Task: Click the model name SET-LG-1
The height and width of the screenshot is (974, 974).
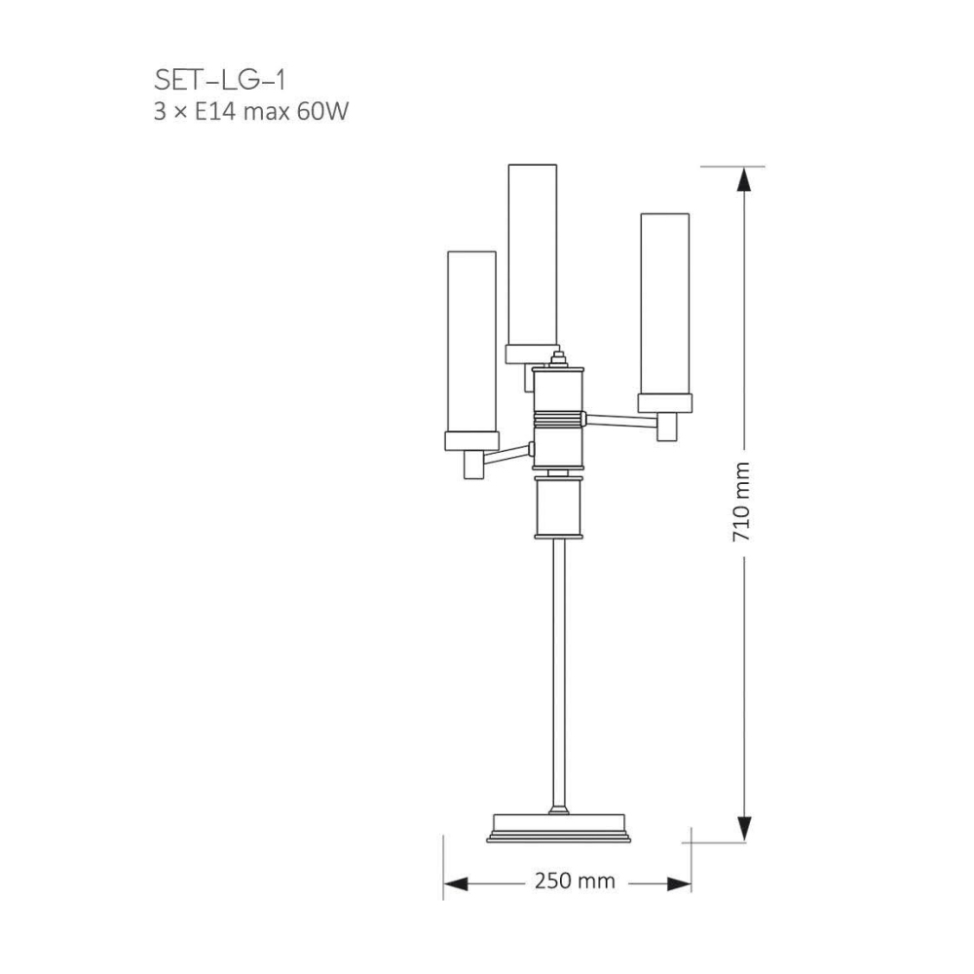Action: (x=219, y=81)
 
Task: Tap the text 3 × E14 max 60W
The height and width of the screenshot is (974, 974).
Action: (x=251, y=112)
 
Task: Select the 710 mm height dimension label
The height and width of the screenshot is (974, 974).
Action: (x=741, y=502)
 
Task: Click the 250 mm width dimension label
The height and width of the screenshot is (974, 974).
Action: (x=575, y=880)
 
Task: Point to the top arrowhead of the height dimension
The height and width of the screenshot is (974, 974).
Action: (x=744, y=181)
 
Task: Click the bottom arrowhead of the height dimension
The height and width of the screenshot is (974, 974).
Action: (x=744, y=829)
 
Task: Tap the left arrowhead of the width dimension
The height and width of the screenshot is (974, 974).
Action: (x=456, y=883)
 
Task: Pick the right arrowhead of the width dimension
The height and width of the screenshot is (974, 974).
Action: (x=678, y=883)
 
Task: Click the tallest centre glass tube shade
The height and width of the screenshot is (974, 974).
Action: (x=533, y=254)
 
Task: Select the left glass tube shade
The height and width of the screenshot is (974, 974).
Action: (x=471, y=342)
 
